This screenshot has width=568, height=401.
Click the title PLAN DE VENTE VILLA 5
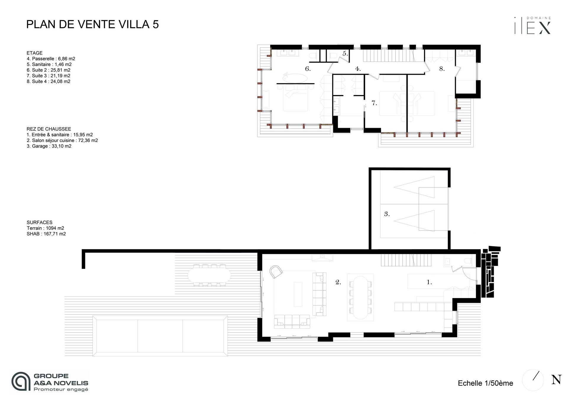[93, 24]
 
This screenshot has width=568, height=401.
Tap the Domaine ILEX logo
[532, 25]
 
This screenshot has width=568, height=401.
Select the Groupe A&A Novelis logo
[50, 381]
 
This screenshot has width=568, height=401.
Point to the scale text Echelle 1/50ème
[485, 383]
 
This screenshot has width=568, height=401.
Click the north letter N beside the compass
[556, 380]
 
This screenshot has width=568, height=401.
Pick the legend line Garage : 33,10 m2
[49, 146]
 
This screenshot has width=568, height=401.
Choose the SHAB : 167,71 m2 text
[46, 234]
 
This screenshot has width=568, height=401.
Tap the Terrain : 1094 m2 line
[45, 228]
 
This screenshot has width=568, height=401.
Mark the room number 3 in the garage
[387, 214]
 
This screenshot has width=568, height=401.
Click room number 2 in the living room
[338, 282]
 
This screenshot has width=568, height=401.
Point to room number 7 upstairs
[374, 103]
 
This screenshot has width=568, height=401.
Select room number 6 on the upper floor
[308, 69]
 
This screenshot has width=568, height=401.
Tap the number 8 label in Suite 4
[442, 69]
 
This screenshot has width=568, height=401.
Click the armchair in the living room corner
[276, 271]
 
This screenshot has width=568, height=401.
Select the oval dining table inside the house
[360, 297]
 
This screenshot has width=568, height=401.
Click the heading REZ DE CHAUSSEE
[49, 129]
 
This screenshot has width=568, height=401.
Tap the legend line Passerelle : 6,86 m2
[51, 59]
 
